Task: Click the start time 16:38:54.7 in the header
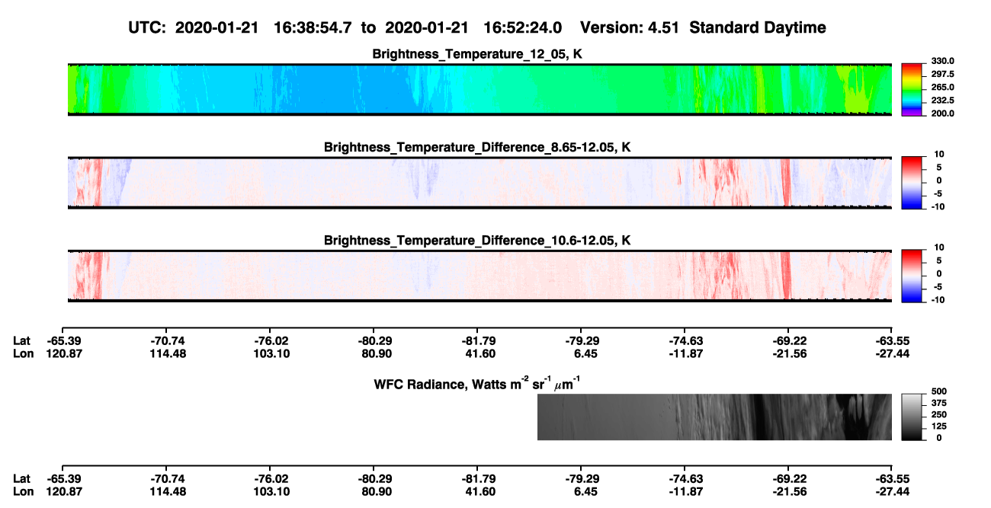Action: pos(313,27)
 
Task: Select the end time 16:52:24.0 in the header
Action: pos(522,27)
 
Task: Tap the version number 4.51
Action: pos(663,27)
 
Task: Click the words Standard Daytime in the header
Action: pos(758,27)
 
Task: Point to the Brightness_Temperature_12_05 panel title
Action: pos(477,54)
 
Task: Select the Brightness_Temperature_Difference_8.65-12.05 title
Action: pos(477,147)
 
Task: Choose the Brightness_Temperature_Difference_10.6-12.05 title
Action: pos(477,241)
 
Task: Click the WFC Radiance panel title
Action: pos(477,384)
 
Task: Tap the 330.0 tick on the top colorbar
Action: pos(942,61)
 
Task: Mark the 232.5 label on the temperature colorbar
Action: pos(942,101)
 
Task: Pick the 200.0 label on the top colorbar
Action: pos(942,113)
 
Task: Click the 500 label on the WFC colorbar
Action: pos(939,391)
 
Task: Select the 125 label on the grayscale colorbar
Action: pos(939,427)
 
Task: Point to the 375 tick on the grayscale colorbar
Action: pos(939,403)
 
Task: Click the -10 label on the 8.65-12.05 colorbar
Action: pos(938,206)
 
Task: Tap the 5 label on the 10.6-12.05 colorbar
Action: pos(939,260)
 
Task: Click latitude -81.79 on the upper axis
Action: pos(479,341)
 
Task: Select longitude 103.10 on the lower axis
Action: pos(271,492)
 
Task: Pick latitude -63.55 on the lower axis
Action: pos(893,479)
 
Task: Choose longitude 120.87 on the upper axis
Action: pos(64,353)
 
